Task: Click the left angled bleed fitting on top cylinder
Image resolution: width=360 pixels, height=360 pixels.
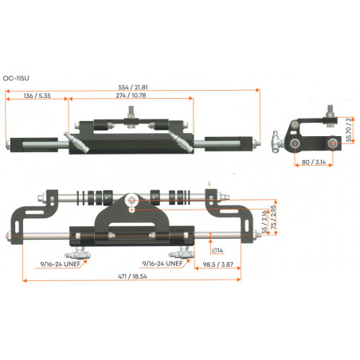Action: [77, 144]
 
